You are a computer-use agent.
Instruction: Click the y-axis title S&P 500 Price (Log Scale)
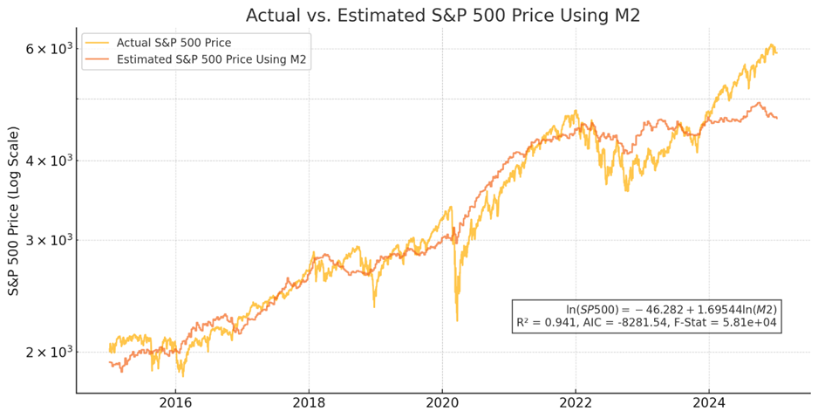(x=15, y=210)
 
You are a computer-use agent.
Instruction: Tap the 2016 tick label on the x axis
(x=175, y=403)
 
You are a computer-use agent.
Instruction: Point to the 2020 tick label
(x=442, y=403)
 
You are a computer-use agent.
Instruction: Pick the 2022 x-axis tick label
(x=576, y=403)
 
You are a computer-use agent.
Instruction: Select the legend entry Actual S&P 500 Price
(x=180, y=42)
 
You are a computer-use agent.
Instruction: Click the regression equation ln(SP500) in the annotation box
(x=671, y=309)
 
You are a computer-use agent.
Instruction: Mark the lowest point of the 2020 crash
(x=457, y=320)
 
